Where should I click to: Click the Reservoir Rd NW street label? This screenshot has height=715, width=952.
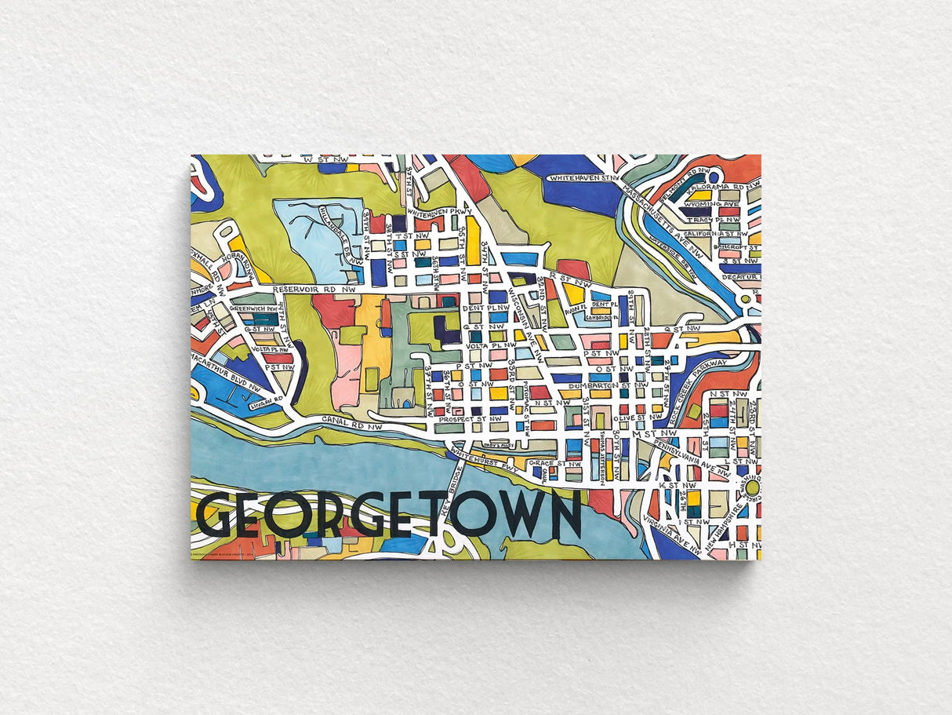coord(314,290)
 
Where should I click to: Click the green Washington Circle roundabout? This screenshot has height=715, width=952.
coord(752,488)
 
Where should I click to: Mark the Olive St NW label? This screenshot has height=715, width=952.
coord(613,419)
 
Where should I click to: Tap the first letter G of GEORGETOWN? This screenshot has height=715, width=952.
coord(213,516)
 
